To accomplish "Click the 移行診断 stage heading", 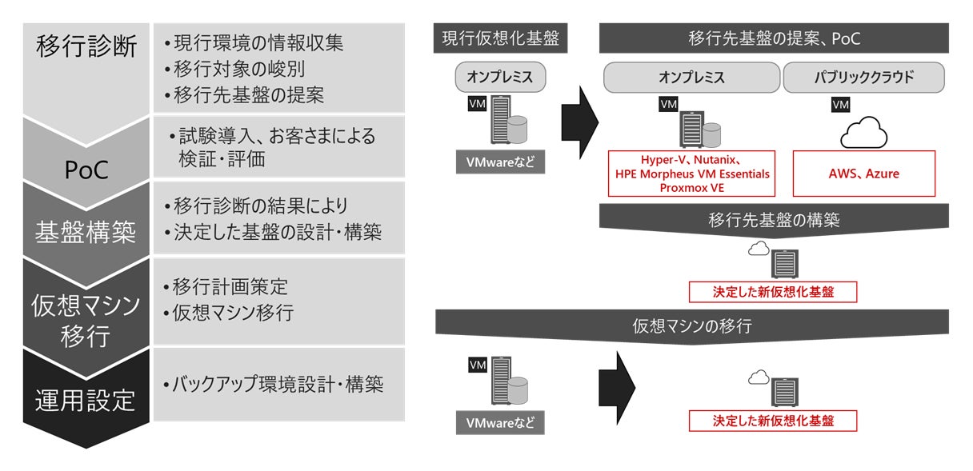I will coord(86,46).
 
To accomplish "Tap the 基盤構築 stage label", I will coord(86,232).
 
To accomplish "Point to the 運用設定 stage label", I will coord(86,398).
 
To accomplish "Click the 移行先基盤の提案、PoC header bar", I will coord(774,38).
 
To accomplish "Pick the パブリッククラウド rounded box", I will coord(863,78).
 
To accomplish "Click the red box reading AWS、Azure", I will coord(863,173).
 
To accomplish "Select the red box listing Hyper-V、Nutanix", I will coord(692,173).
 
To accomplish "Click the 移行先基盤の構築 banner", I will coord(774,219).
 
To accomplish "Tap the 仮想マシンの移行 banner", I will coord(692,325).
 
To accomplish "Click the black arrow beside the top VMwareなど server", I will coord(579,118).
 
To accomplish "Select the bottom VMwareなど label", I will coord(500,421).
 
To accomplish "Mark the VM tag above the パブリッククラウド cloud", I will coord(841,105).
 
